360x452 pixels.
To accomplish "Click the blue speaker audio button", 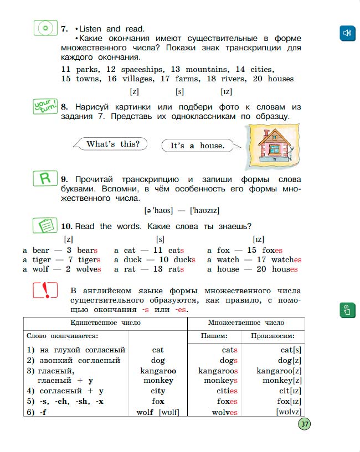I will click(x=347, y=33).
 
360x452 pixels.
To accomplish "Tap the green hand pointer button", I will click(x=347, y=309).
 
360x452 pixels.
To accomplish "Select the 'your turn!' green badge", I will click(x=45, y=105).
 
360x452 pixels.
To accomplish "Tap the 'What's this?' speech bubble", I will click(x=113, y=144).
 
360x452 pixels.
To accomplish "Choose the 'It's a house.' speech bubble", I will click(x=198, y=146).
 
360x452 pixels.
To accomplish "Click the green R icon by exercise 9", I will click(x=45, y=179).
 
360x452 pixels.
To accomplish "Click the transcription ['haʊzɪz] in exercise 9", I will click(x=204, y=210).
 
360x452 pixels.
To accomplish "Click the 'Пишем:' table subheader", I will click(x=213, y=336).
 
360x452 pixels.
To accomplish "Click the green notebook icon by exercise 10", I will click(x=45, y=226).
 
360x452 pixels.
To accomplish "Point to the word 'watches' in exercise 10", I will click(x=286, y=259).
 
